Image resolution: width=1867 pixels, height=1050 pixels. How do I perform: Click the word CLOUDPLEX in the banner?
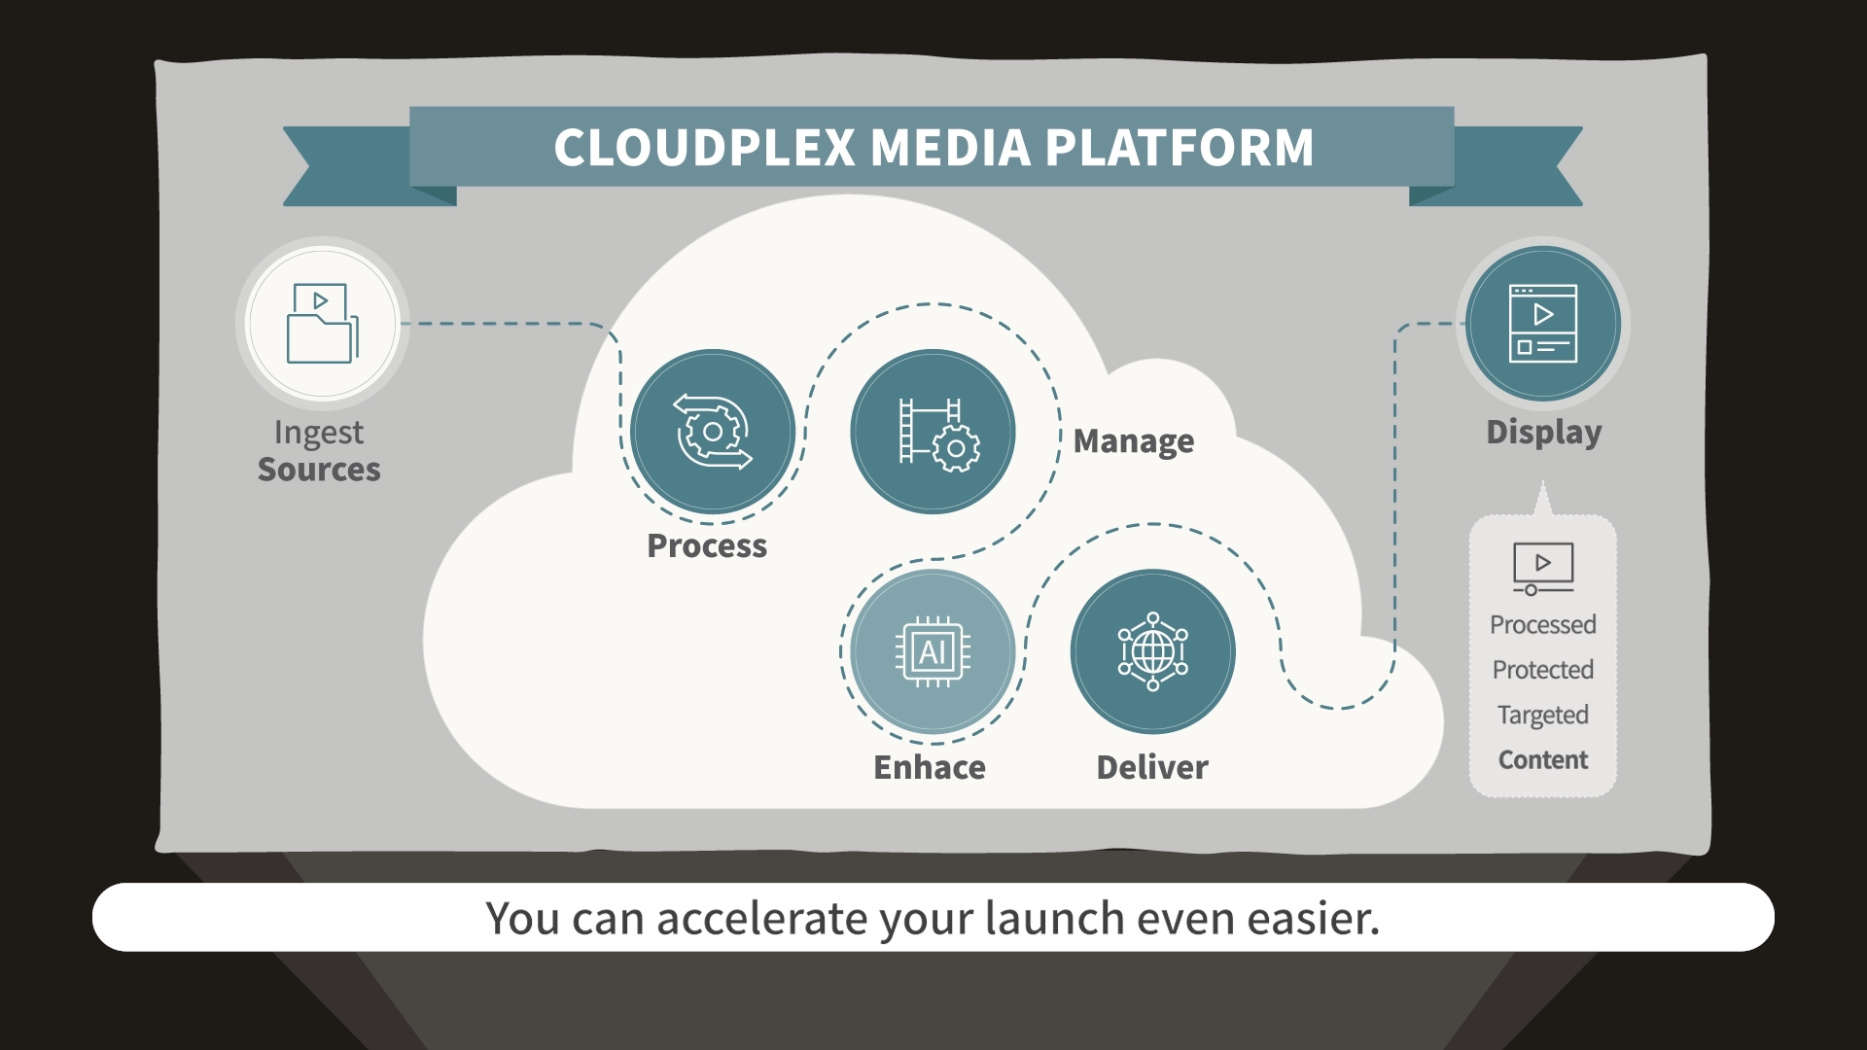tap(705, 148)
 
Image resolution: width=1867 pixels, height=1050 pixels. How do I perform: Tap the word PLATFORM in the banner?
tap(1180, 148)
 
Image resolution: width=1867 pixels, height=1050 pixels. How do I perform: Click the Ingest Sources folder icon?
tap(323, 323)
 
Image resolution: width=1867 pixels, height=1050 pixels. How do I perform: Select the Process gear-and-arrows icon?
tap(713, 432)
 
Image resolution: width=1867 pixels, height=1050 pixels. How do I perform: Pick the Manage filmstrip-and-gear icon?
tap(938, 435)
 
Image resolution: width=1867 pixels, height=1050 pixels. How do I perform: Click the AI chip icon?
tap(933, 651)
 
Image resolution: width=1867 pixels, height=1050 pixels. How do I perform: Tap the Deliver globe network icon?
tap(1153, 651)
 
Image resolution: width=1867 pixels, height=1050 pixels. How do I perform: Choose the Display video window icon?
tap(1543, 324)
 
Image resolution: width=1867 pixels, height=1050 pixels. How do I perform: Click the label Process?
tap(707, 546)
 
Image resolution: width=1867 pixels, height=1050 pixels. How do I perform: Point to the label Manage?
tap(1134, 441)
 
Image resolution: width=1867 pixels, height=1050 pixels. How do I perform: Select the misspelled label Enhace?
tap(930, 768)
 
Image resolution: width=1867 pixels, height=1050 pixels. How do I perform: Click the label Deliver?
tap(1152, 768)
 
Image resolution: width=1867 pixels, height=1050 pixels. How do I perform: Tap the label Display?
tap(1544, 433)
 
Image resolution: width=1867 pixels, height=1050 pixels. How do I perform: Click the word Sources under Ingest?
tap(319, 470)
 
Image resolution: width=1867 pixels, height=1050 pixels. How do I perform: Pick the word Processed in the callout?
tap(1543, 624)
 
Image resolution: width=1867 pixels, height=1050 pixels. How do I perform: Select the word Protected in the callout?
tap(1543, 670)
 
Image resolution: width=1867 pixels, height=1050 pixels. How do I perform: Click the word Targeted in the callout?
tap(1543, 716)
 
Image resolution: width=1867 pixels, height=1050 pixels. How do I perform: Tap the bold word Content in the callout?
tap(1543, 760)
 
